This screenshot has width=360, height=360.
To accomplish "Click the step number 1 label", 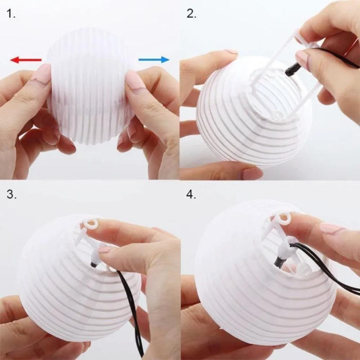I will click(x=11, y=14).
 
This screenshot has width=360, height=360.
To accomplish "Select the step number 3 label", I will click(x=11, y=194).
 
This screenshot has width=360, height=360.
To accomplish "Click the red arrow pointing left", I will click(x=25, y=60).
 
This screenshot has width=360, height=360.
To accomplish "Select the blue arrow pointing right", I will click(x=154, y=59).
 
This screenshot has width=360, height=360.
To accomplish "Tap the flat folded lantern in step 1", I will click(x=90, y=86).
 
